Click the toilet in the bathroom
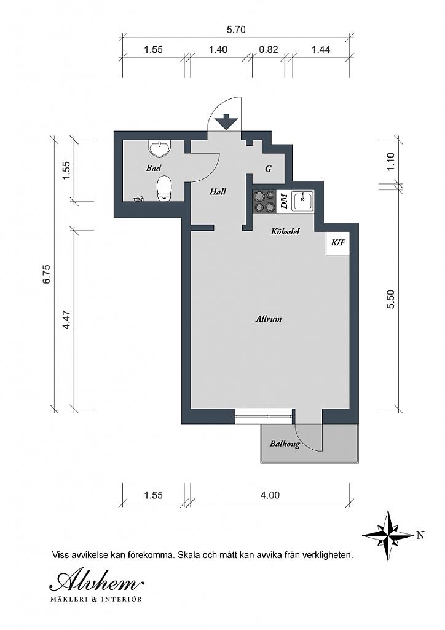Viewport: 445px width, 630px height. [164, 188]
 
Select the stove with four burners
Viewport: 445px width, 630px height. [265, 201]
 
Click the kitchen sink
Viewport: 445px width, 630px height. [303, 201]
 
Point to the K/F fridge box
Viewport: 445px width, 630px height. [338, 243]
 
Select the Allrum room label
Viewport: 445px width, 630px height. [269, 319]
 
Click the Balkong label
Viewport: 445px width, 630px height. [285, 444]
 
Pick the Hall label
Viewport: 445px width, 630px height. [218, 191]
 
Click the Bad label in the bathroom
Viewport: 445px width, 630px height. [154, 167]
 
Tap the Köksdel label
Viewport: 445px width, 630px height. [285, 232]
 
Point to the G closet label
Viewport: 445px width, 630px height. [269, 169]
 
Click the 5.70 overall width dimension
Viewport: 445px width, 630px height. [237, 29]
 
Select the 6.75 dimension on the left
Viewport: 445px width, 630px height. [46, 274]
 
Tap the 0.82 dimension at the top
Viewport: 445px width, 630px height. [269, 50]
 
